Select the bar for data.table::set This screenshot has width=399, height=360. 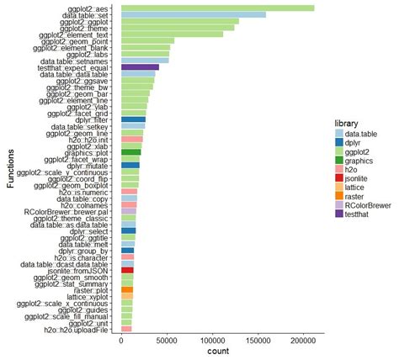click(x=194, y=14)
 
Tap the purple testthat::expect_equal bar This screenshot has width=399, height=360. click(x=140, y=67)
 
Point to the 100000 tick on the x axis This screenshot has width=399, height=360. click(x=212, y=336)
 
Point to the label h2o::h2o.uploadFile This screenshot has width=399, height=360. click(x=79, y=329)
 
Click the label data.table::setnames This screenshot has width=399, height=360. click(x=74, y=61)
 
